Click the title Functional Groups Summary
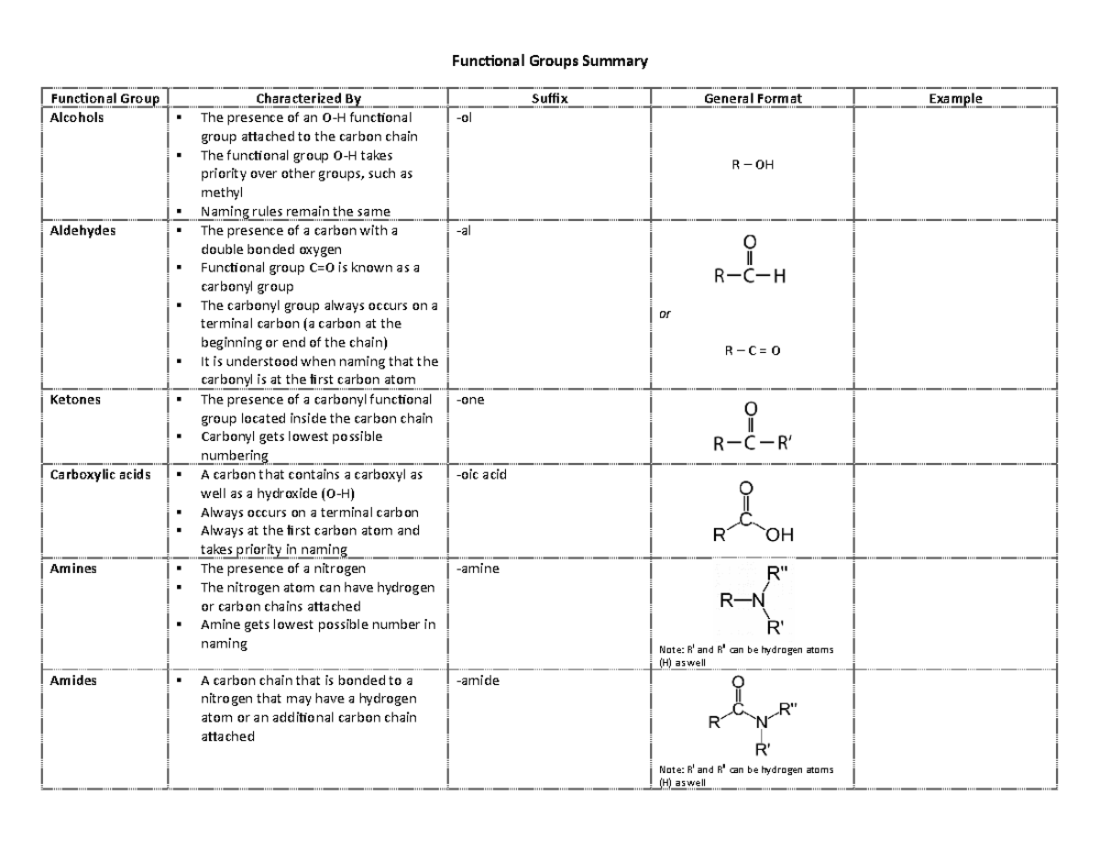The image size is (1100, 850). tap(548, 61)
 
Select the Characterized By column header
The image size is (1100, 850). tap(308, 98)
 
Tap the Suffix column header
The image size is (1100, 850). tap(549, 98)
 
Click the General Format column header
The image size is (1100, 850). tap(752, 98)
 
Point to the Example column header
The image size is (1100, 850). tap(954, 98)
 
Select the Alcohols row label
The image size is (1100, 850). tap(77, 117)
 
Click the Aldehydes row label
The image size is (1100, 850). tap(82, 231)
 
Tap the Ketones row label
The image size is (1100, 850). tap(75, 400)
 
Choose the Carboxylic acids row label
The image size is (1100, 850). tap(101, 475)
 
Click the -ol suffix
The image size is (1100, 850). tap(465, 118)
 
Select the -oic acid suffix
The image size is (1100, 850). tap(480, 475)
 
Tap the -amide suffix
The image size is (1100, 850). tap(477, 681)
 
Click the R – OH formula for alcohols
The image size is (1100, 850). tap(752, 165)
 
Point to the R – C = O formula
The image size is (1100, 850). tap(752, 351)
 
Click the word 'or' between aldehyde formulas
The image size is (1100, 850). tap(665, 315)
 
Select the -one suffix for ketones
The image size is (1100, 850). tap(469, 400)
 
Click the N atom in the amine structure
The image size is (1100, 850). tap(757, 602)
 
